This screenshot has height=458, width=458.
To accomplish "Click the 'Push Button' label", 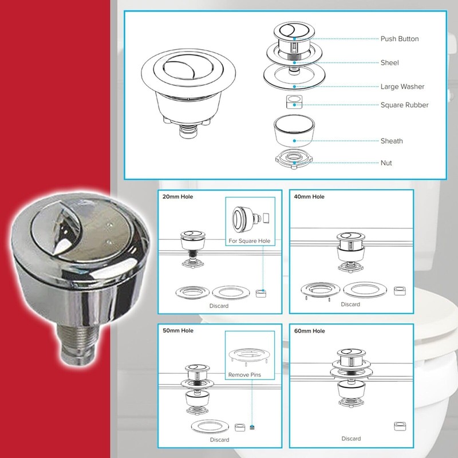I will coord(400,39).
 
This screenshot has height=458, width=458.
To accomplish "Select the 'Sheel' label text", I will coord(389,63).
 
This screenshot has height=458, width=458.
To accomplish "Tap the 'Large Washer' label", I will coord(402,87).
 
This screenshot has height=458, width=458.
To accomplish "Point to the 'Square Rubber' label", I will coord(404,105).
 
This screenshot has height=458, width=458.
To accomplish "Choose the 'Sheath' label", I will coord(392,141).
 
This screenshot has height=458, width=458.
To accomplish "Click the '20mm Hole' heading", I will coord(178,197).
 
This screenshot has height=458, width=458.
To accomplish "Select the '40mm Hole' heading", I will coord(310,197).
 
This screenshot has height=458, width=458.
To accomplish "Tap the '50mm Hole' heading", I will coord(178,331).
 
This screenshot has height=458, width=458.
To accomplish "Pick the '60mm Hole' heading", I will coord(310,331).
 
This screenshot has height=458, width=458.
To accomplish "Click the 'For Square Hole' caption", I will coord(248,241).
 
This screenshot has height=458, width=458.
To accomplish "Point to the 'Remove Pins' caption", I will coord(245,374).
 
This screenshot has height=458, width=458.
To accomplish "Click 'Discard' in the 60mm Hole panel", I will coord(351,439).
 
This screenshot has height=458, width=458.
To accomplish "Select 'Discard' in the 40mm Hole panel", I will coord(350,304).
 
